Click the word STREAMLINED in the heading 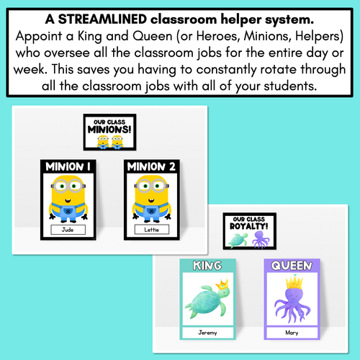102,19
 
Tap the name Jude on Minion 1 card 68,230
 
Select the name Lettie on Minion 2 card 152,230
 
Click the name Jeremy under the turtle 207,333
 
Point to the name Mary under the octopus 292,333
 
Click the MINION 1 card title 68,166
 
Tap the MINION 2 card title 151,166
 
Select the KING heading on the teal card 207,266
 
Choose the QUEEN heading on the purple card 292,266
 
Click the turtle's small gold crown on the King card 222,284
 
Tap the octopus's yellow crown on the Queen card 294,282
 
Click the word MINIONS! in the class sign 109,130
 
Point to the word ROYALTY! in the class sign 249,226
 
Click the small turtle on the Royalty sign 238,240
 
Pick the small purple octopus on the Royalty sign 261,239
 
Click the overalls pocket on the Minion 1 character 68,211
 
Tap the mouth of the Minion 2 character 151,200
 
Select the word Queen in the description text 153,36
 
